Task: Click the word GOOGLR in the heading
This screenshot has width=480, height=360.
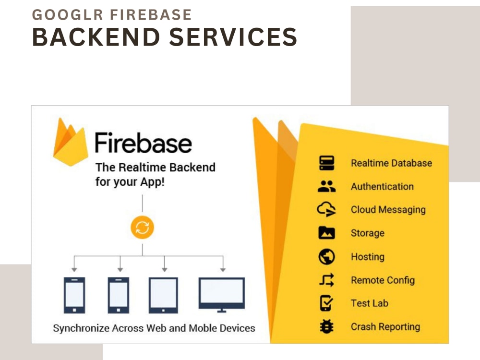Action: [x=67, y=15]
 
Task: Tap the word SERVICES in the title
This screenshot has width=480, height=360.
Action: [x=233, y=37]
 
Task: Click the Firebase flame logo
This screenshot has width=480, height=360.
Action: [x=71, y=142]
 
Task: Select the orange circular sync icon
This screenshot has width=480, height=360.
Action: [x=143, y=228]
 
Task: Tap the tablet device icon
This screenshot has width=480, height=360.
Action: [x=163, y=295]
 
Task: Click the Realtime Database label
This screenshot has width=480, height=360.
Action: [x=391, y=163]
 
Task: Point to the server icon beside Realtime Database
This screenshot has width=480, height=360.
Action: [x=326, y=163]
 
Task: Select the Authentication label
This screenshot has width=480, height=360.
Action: [x=382, y=186]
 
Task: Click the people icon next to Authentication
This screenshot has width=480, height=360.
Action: [x=326, y=186]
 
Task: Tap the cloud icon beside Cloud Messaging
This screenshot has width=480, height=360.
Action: [x=326, y=209]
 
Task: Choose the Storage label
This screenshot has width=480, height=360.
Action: [x=367, y=233]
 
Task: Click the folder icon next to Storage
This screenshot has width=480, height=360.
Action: [x=326, y=233]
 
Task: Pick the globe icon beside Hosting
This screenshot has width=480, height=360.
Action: [x=326, y=256]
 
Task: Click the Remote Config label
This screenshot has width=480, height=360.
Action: [x=383, y=280]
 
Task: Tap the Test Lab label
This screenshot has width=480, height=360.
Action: [x=370, y=303]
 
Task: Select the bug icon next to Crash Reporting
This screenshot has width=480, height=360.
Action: [x=326, y=326]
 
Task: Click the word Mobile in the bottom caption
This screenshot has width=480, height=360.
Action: [x=203, y=328]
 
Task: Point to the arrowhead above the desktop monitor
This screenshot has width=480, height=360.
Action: [x=223, y=269]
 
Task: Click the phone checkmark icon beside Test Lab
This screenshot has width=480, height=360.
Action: [x=326, y=303]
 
